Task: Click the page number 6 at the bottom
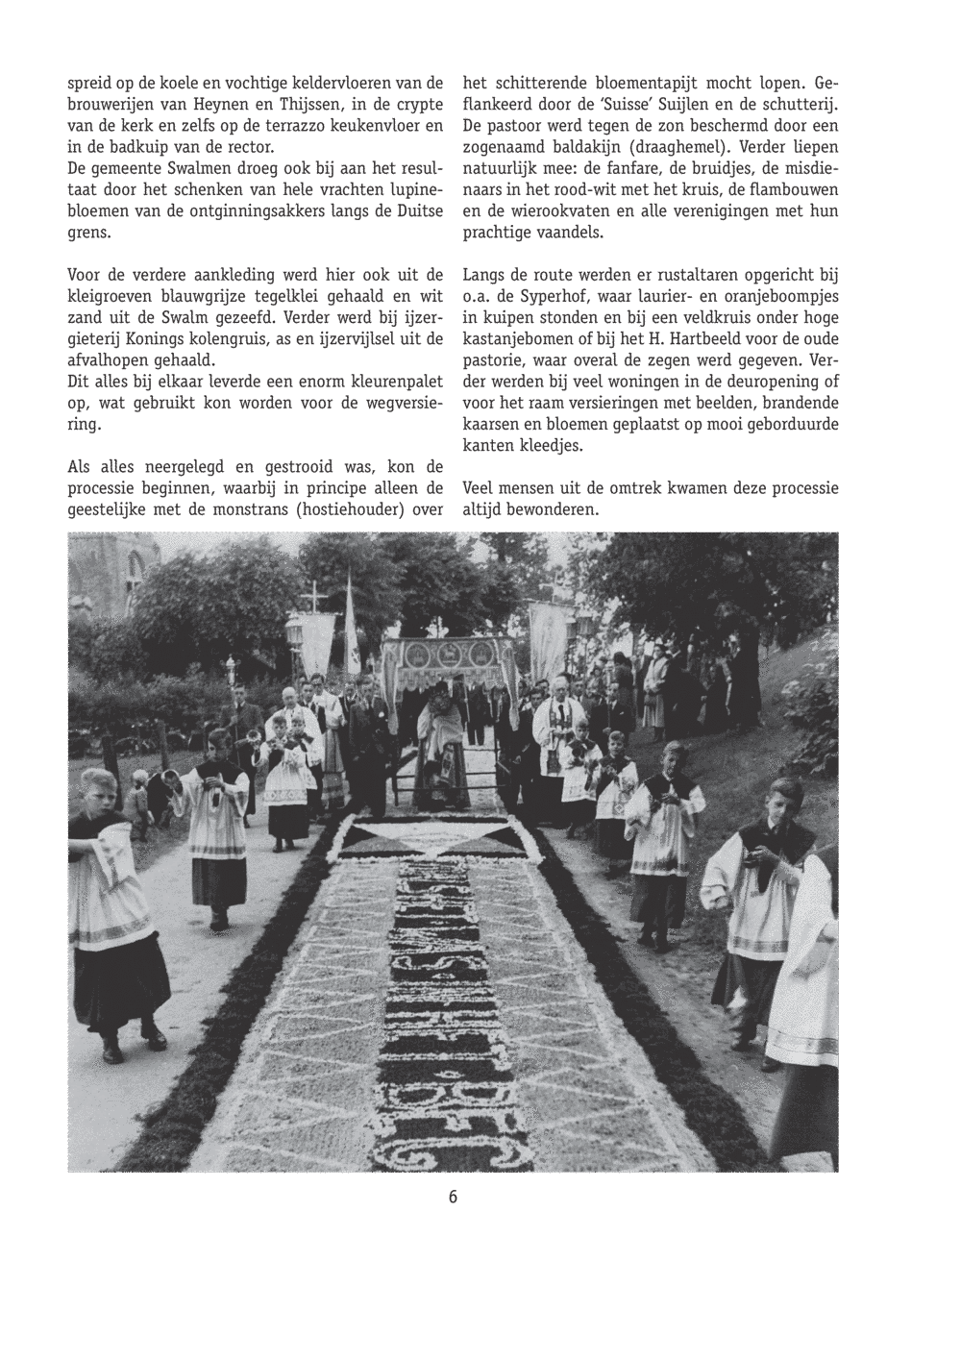(x=453, y=1197)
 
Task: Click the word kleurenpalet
(x=389, y=382)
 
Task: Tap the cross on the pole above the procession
(x=310, y=599)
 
